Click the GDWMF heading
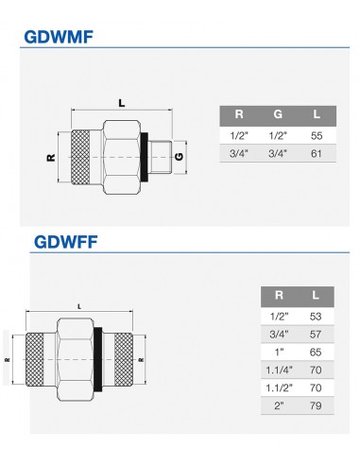tap(59, 37)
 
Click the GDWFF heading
tap(66, 242)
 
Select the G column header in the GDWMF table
tap(278, 114)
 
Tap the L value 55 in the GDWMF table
tap(317, 136)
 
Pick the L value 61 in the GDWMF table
tap(316, 154)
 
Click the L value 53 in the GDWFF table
tap(316, 316)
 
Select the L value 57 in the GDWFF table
tap(316, 334)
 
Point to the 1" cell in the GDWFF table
tap(279, 352)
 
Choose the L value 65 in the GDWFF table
tap(316, 352)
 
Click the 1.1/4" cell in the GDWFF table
tap(279, 370)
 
